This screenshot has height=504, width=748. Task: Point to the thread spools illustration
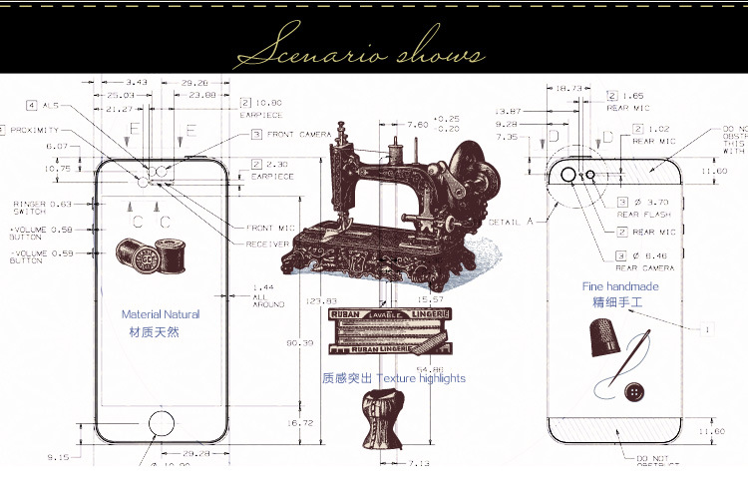150,255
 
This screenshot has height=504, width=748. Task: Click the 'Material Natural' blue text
161,313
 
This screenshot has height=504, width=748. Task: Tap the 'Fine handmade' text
620,286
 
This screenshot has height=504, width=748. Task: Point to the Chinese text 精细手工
617,302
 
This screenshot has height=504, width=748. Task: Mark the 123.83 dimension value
323,299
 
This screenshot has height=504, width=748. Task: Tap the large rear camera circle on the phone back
569,175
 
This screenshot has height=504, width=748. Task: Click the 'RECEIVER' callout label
267,244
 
